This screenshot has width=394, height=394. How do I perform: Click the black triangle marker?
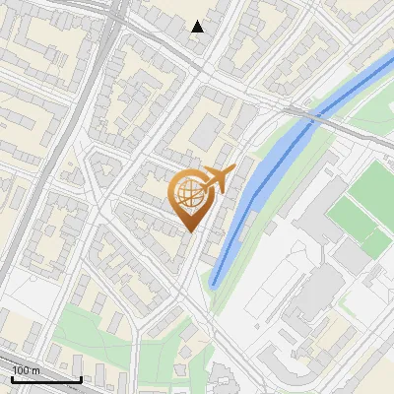click(x=198, y=27)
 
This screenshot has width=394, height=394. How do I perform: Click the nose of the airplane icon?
click(x=232, y=169)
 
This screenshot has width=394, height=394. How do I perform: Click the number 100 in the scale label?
click(x=20, y=369)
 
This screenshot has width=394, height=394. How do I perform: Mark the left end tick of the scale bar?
click(x=13, y=378)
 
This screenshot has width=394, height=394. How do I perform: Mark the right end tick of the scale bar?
click(x=80, y=378)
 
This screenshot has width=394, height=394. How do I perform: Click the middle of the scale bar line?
click(x=46, y=380)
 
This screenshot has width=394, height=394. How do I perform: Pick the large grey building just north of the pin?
click(x=207, y=132)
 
